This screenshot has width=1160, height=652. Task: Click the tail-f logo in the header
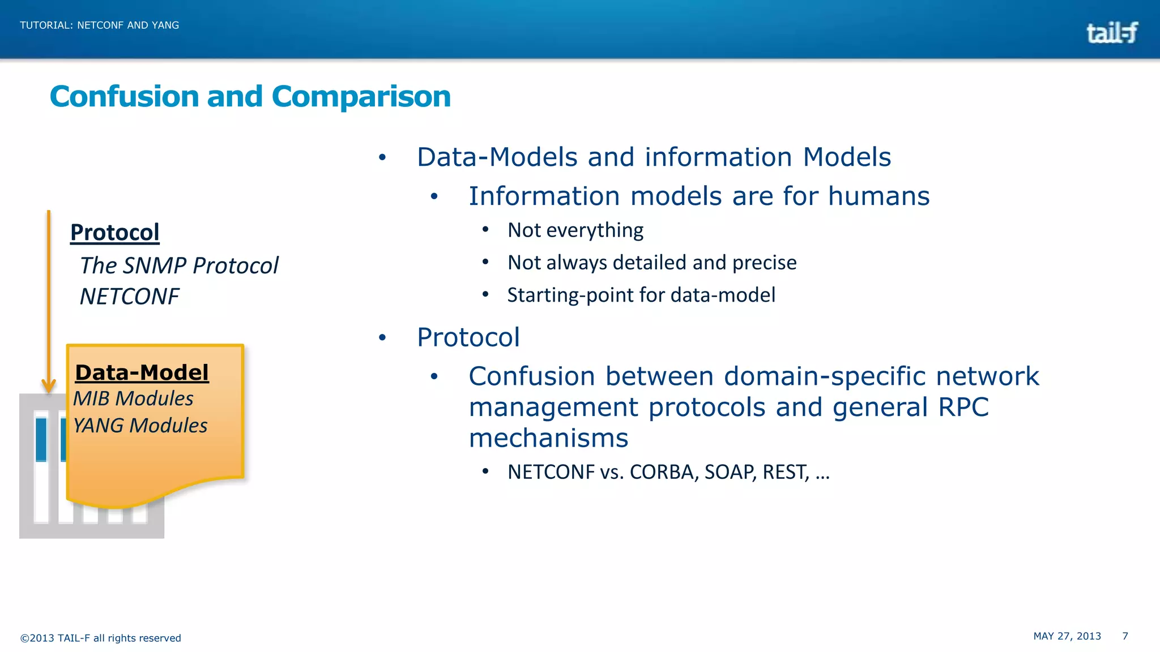tap(1112, 33)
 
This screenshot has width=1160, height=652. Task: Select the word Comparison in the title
tap(361, 97)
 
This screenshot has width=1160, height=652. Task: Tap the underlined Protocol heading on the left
tap(115, 233)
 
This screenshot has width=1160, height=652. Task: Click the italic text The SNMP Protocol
tap(179, 265)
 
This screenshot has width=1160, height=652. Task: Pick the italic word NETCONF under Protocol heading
tap(129, 297)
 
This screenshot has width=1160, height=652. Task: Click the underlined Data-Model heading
tap(142, 372)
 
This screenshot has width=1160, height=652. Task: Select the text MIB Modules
tap(134, 398)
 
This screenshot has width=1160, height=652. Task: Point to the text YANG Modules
tap(140, 426)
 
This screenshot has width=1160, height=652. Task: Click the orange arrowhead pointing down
tap(49, 387)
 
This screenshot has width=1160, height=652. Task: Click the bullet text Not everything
tap(575, 230)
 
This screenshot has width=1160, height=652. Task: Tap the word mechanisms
tap(548, 438)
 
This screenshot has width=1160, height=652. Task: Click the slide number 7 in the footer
tap(1125, 636)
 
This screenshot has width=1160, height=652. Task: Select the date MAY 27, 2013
tap(1067, 636)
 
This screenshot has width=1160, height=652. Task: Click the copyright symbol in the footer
tap(24, 638)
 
